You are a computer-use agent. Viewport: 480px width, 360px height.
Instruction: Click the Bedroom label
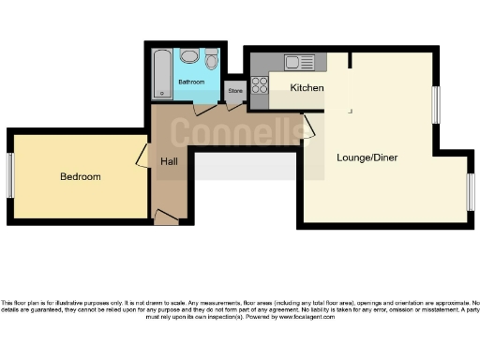pyautogui.click(x=80, y=176)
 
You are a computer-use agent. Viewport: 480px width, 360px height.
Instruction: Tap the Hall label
pyautogui.click(x=169, y=161)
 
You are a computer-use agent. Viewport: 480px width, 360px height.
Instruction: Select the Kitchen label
pyautogui.click(x=307, y=87)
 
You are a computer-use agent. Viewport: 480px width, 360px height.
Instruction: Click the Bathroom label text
pyautogui.click(x=191, y=82)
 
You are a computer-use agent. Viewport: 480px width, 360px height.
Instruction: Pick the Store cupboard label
pyautogui.click(x=234, y=91)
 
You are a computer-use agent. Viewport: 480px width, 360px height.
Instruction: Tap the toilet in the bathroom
pyautogui.click(x=211, y=61)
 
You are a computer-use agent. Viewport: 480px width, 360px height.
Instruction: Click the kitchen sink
pyautogui.click(x=303, y=63)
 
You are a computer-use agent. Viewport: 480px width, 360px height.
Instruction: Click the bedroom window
pyautogui.click(x=10, y=175)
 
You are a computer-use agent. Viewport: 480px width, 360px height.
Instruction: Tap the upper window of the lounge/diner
pyautogui.click(x=436, y=104)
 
